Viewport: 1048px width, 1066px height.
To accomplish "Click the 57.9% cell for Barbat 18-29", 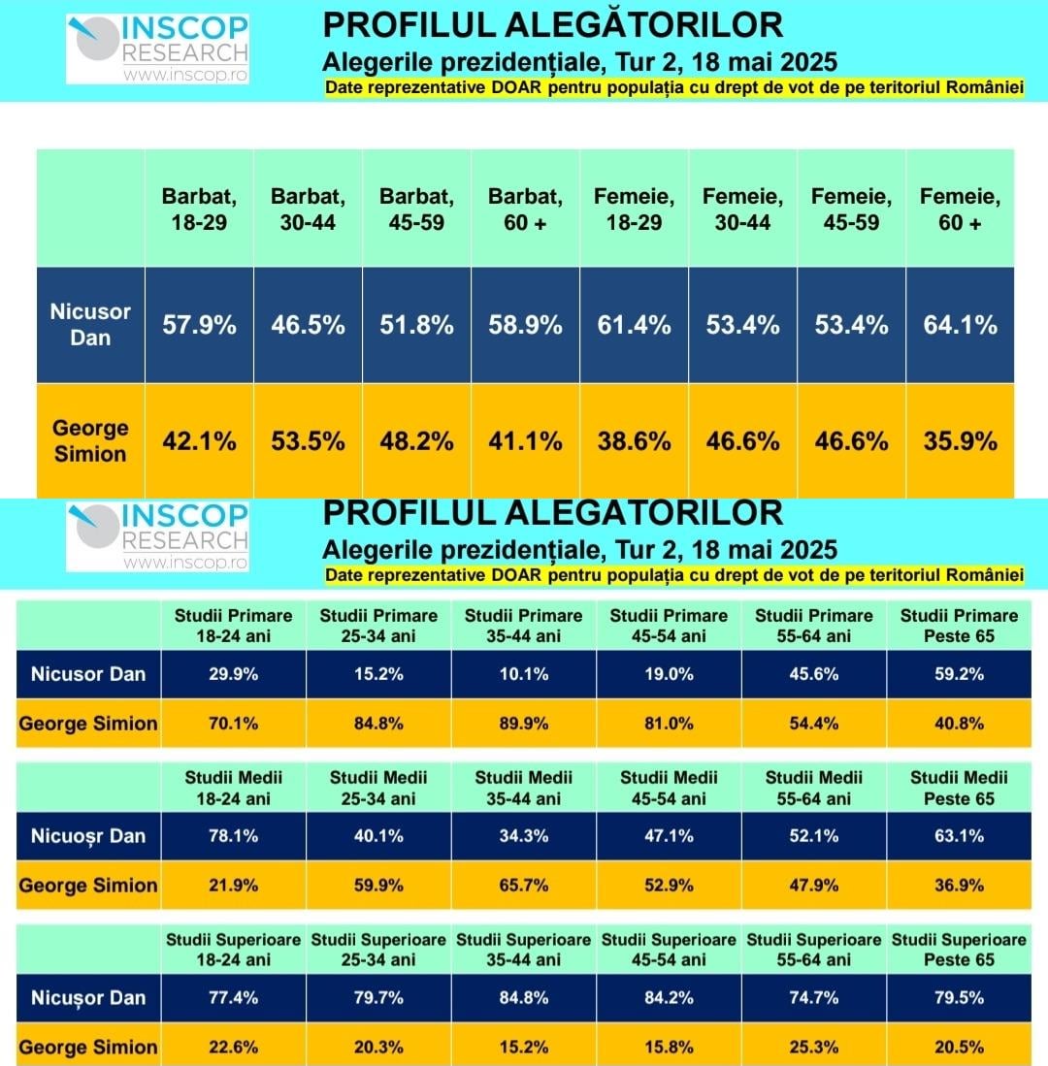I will click(x=199, y=325).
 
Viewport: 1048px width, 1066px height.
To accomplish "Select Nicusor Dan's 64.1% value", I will click(x=961, y=325).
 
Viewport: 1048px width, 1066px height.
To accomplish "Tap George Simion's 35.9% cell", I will click(x=961, y=441).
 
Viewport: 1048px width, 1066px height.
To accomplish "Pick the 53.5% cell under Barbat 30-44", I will click(x=308, y=441).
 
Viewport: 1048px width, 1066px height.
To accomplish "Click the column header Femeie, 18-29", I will click(x=635, y=209).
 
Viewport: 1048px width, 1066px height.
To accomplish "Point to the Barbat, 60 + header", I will click(x=525, y=209).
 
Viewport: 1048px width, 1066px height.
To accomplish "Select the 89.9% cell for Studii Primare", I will click(x=524, y=723).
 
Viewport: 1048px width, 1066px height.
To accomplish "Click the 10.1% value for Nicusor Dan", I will click(x=524, y=674).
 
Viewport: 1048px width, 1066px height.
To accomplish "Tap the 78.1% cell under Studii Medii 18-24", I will click(x=233, y=836).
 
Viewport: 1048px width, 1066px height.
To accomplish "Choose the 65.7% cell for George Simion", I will click(x=524, y=885).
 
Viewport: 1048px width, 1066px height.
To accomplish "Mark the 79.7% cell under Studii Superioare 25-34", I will click(x=378, y=998).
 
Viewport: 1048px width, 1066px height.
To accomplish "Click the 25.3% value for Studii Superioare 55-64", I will click(x=814, y=1047).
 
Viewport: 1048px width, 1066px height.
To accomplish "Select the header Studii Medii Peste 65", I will click(x=959, y=788).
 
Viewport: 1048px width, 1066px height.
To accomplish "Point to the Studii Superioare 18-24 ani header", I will click(x=233, y=950).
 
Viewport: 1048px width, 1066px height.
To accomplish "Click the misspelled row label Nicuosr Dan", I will click(x=88, y=836).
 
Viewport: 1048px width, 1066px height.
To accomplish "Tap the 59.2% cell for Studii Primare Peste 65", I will click(x=959, y=674).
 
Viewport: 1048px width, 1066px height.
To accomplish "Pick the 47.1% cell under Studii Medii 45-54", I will click(x=669, y=836).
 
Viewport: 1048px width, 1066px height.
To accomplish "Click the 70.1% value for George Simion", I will click(x=233, y=723).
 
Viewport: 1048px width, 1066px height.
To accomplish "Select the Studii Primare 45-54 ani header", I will click(x=669, y=626).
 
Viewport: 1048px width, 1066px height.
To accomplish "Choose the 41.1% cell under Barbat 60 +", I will click(x=525, y=441).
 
